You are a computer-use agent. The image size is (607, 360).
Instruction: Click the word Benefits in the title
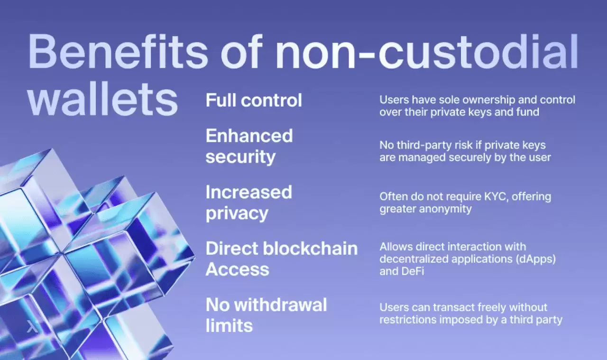tap(118, 52)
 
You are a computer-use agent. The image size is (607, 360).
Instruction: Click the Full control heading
tap(254, 100)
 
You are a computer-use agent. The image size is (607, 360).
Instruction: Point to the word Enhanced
tap(249, 136)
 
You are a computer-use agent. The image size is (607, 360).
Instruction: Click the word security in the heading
tap(240, 157)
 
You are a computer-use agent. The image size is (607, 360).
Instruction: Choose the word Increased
tap(249, 192)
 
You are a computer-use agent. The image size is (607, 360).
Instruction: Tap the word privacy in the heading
tap(237, 213)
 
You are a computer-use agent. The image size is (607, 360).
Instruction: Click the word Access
tap(238, 269)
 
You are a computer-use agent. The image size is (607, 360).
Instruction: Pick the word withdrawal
tap(280, 305)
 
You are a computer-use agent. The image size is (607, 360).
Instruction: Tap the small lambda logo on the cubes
tap(32, 326)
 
